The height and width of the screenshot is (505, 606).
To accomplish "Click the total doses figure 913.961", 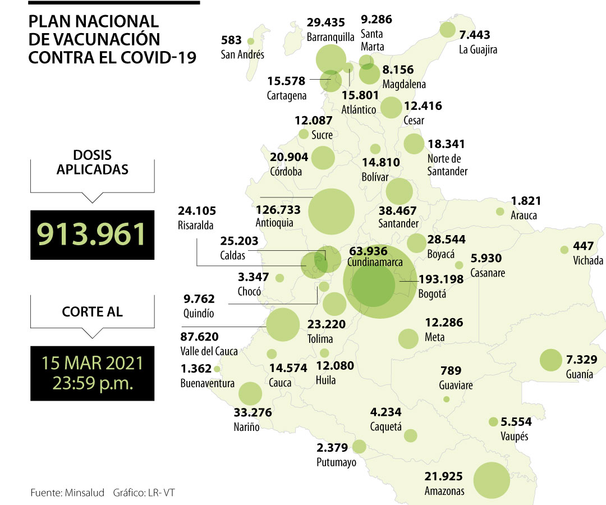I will [92, 234].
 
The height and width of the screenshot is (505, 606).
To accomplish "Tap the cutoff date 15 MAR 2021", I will [92, 362].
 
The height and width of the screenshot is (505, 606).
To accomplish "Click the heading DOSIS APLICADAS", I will [92, 162].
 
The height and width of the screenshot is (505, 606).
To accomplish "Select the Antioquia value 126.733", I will [278, 210].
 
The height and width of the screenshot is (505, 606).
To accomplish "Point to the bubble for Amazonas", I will [492, 480].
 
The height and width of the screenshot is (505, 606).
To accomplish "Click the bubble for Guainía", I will [550, 360].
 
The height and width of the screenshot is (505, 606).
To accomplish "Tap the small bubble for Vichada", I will [564, 250].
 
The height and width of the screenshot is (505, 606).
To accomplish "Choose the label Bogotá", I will [432, 293].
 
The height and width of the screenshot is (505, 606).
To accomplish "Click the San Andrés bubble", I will [250, 41].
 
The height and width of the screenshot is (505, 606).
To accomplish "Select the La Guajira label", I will [478, 49].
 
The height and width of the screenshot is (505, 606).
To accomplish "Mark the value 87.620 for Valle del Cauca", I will [199, 337].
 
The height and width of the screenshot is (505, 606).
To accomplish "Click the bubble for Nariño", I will [250, 394].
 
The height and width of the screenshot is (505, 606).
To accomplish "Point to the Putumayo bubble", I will [359, 447].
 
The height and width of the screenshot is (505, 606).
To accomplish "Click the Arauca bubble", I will [500, 212].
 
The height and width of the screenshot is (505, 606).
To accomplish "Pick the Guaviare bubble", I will [446, 400].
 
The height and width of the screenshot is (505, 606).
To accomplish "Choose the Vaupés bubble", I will [493, 421].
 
